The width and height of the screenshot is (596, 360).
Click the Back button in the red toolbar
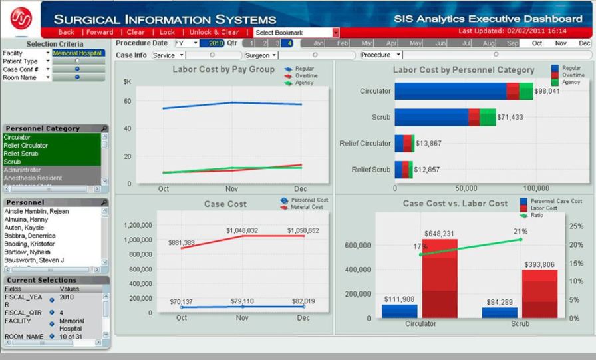(x=66, y=32)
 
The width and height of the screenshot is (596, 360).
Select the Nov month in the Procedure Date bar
(x=561, y=43)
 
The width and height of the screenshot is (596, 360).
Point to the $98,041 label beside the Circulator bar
(x=547, y=91)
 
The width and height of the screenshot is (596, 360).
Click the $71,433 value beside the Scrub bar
(x=510, y=117)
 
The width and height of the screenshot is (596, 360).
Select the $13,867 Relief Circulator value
(x=428, y=143)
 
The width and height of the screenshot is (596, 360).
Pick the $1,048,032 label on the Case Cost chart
(x=241, y=230)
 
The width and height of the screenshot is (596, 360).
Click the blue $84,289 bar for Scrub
(x=500, y=313)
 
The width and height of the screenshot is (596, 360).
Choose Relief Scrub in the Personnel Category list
(x=20, y=153)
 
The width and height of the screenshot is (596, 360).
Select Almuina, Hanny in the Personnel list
(x=25, y=219)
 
